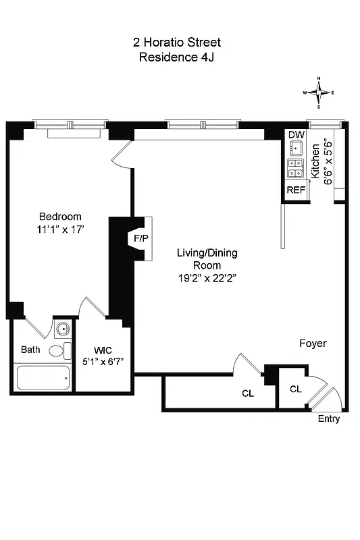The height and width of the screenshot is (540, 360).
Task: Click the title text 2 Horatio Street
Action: [x=176, y=43]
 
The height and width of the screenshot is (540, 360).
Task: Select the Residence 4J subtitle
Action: [x=176, y=57]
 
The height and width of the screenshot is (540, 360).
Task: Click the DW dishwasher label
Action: [x=296, y=135]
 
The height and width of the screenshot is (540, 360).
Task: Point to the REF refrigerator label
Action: [x=296, y=190]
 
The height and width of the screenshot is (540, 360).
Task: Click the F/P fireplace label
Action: [x=140, y=239]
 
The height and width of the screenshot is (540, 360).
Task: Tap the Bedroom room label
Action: [x=60, y=217]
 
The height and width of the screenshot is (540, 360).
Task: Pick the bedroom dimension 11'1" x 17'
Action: [x=60, y=230]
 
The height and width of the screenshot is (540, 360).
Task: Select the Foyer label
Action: [x=313, y=344]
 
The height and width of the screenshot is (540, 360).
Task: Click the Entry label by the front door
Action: [x=329, y=419]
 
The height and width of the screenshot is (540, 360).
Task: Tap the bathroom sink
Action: [x=63, y=330]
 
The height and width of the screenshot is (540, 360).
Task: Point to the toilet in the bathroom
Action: [x=61, y=351]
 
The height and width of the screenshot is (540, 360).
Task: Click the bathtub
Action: [x=42, y=377]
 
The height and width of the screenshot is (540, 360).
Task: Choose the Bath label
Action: [x=30, y=350]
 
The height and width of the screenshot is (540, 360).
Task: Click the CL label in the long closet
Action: [x=248, y=394]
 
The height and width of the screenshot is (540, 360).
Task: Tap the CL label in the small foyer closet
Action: [x=295, y=389]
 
